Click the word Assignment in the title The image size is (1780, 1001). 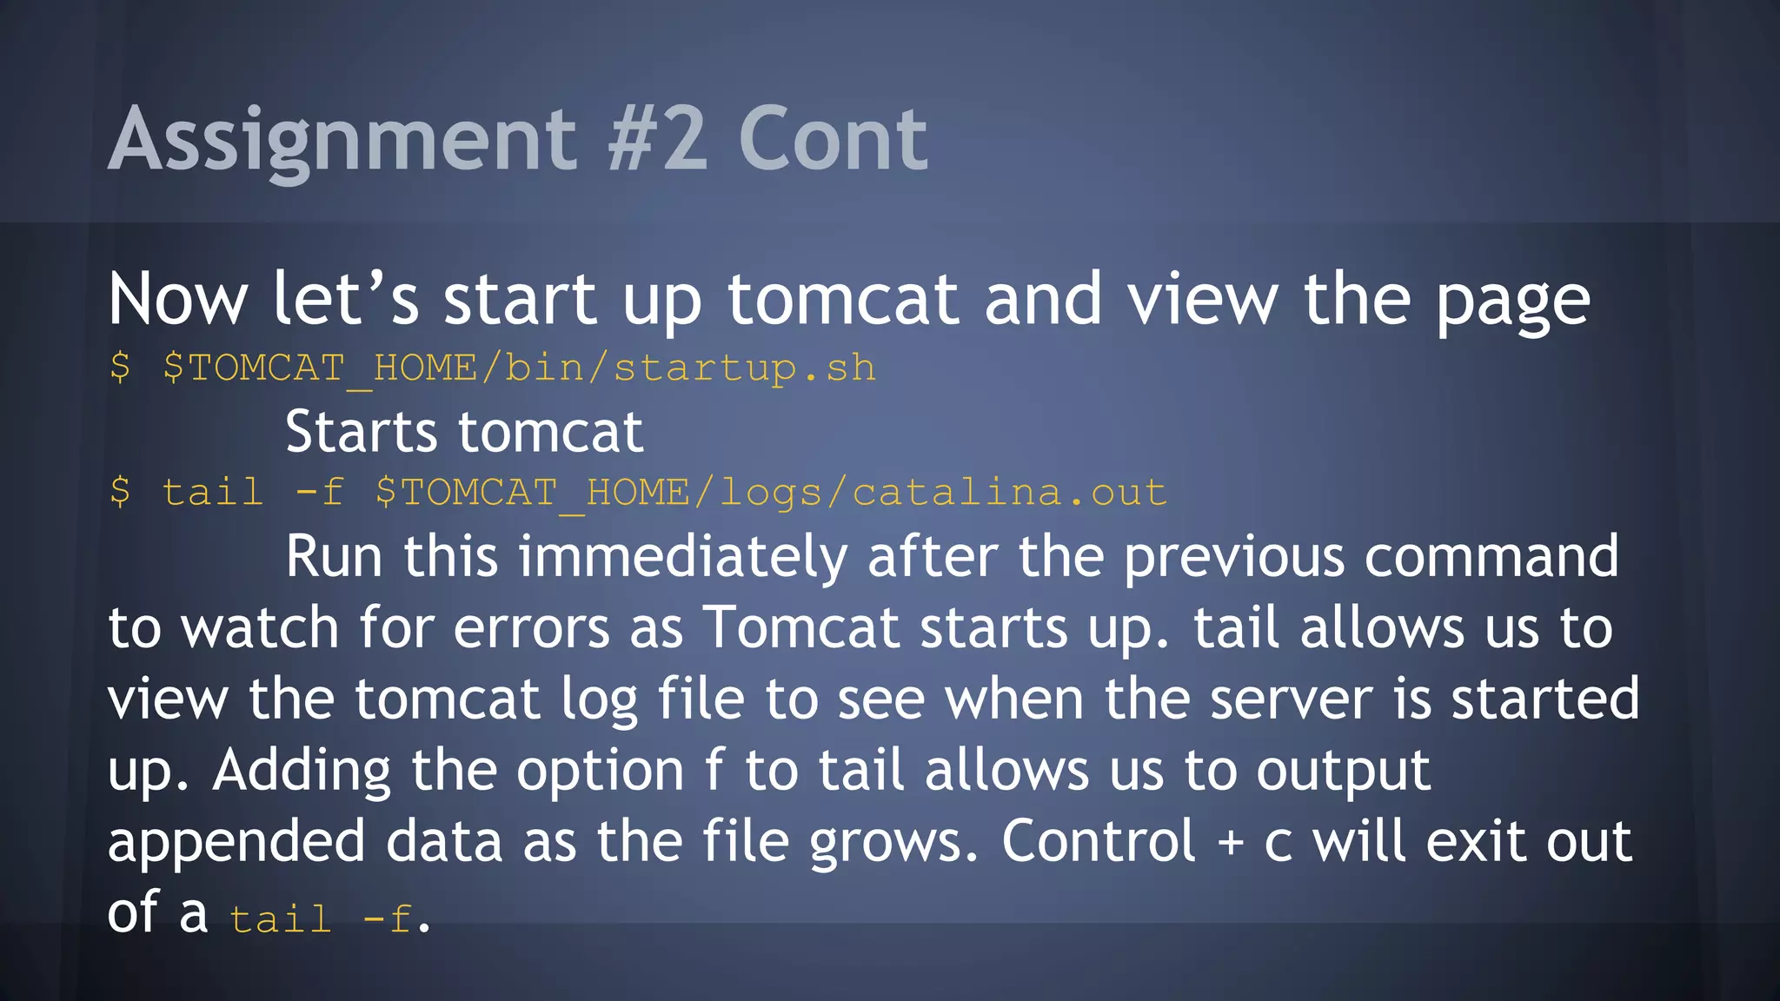[x=342, y=139]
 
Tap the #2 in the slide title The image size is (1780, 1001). [x=657, y=139]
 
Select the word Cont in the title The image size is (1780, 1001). [x=833, y=139]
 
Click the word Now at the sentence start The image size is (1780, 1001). [x=178, y=300]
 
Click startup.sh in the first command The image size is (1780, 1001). [x=744, y=368]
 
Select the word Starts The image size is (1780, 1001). [x=361, y=432]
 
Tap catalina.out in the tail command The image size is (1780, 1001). [x=1009, y=493]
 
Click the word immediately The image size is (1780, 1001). [x=682, y=557]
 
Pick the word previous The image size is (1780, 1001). [x=1233, y=557]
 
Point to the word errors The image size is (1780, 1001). [x=531, y=627]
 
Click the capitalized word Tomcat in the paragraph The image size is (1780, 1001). [x=800, y=627]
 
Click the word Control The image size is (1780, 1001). [x=1099, y=841]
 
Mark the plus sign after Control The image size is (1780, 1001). [x=1230, y=843]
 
